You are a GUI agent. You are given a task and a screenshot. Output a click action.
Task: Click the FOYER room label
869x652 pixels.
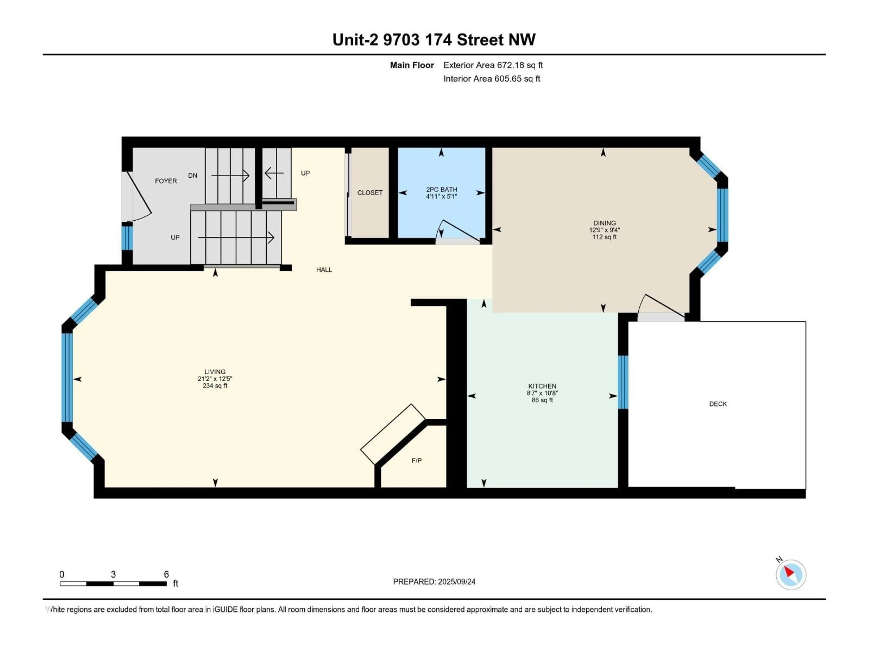pos(166,181)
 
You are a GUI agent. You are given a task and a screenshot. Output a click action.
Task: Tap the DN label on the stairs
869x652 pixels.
pos(193,175)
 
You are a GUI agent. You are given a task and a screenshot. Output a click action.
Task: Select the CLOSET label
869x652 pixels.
pos(370,193)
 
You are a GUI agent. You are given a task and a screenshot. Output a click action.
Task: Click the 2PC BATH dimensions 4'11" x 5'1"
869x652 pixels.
pos(442,196)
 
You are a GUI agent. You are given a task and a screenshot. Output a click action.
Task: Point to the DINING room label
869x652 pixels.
pos(605,223)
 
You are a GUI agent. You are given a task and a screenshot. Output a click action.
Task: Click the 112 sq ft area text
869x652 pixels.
pos(605,237)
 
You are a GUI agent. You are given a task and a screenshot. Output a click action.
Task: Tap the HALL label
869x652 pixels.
pos(324,270)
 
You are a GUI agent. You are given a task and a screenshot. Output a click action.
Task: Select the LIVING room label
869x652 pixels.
pos(215,372)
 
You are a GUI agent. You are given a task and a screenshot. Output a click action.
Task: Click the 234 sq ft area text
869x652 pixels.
pos(215,386)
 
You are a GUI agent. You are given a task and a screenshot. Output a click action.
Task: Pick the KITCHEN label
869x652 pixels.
pos(542,386)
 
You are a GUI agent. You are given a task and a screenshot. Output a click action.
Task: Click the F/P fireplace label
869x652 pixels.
pos(417,460)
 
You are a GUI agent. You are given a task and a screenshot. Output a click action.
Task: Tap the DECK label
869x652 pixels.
pos(718,404)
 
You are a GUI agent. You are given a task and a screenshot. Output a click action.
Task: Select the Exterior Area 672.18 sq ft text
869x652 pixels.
pos(493,65)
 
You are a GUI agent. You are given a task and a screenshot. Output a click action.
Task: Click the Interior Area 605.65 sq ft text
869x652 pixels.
pos(492,79)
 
